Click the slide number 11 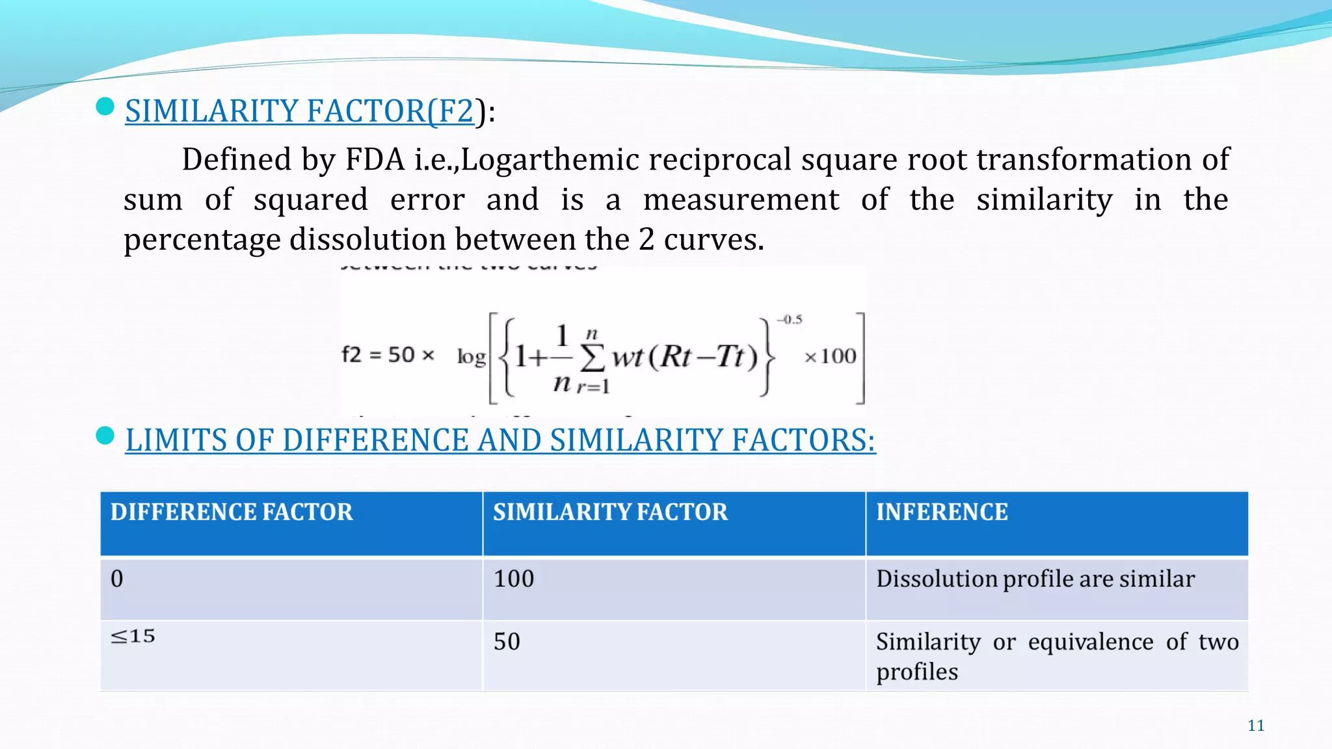tap(1256, 726)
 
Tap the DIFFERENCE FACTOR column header tap(232, 512)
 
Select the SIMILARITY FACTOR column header tap(610, 512)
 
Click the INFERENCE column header tap(942, 512)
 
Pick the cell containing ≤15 tap(133, 636)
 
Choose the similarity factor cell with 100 tap(514, 579)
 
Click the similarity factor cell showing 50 tap(507, 642)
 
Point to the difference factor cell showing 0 tap(117, 579)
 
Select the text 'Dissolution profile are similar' tap(1035, 579)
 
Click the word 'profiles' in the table tap(917, 672)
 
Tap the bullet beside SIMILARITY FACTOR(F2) tap(105, 107)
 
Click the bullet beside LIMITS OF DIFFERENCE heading tap(105, 436)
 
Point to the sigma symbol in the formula tap(592, 356)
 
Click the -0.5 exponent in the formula tap(790, 320)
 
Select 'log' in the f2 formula tap(472, 356)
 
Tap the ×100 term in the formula tap(831, 356)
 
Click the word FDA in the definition tap(375, 160)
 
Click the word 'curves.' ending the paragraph tap(713, 239)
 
